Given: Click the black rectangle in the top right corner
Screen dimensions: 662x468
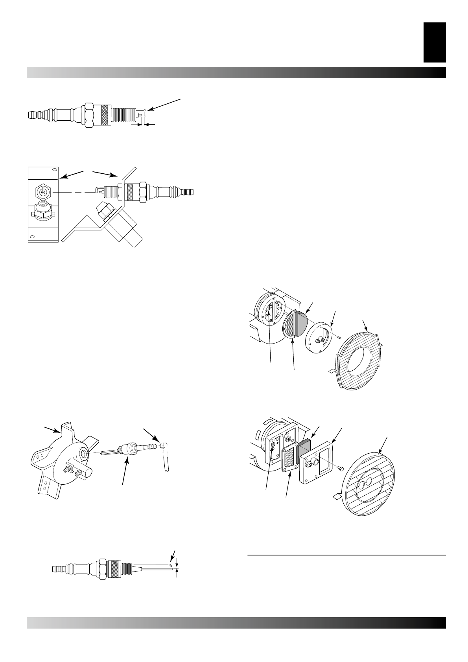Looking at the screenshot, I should [435, 42].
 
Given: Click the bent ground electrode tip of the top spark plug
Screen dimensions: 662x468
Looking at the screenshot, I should [144, 114].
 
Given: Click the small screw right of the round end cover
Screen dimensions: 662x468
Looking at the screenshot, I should [339, 337].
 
